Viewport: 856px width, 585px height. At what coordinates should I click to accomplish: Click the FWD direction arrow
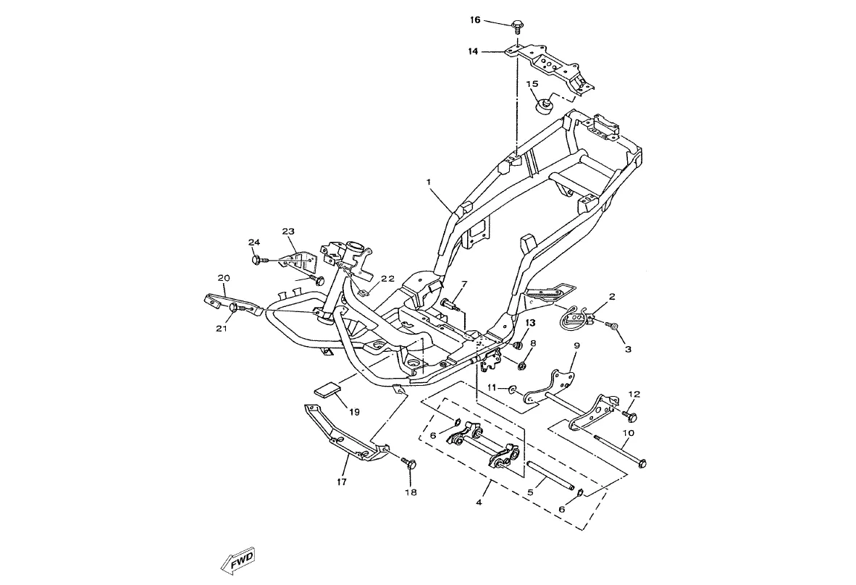[x=239, y=562]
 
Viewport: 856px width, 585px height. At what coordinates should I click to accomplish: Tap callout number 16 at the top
[x=475, y=20]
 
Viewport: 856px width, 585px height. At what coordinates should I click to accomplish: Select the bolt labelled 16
[x=517, y=27]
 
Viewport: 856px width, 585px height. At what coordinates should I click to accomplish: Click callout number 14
[x=473, y=52]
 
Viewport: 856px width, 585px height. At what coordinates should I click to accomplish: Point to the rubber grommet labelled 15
[x=542, y=106]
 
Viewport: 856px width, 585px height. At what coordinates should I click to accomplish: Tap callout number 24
[x=253, y=243]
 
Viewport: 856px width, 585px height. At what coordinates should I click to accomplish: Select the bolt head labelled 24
[x=256, y=258]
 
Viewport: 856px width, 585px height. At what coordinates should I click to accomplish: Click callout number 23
[x=288, y=232]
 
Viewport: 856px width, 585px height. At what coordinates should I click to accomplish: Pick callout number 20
[x=224, y=278]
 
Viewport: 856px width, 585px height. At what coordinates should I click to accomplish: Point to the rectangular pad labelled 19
[x=328, y=390]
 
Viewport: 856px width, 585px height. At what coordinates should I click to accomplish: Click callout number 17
[x=342, y=481]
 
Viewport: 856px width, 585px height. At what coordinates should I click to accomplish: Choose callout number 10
[x=628, y=432]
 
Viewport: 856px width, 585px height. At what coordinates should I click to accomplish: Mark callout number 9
[x=576, y=346]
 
